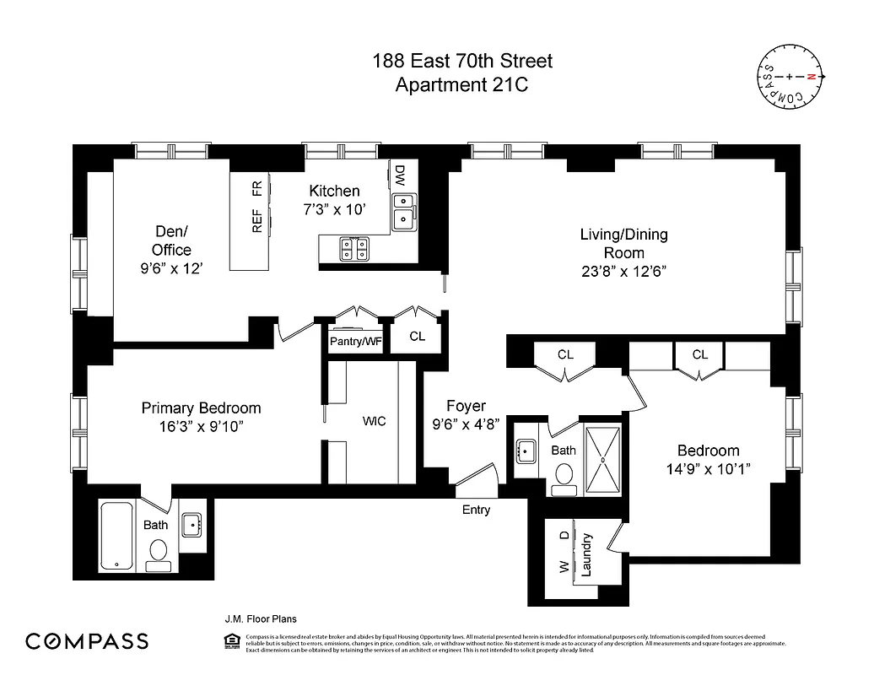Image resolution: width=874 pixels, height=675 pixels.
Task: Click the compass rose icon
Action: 790,77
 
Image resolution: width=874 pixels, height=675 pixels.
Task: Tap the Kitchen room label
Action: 334,192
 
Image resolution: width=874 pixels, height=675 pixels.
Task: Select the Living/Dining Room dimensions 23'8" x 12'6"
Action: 623,271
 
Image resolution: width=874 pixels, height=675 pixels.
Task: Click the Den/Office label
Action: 171,240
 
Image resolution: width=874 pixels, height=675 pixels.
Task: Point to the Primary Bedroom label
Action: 201,408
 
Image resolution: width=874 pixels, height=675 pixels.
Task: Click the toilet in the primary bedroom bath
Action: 157,553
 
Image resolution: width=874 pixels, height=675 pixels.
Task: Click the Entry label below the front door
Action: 476,510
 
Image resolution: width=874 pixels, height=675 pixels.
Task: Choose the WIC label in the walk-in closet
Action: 374,421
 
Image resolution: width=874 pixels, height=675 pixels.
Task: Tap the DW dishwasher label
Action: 400,175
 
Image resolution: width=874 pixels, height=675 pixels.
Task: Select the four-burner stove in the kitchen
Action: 353,248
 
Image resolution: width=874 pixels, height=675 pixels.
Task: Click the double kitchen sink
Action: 404,211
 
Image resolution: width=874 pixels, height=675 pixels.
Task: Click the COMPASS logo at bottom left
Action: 87,641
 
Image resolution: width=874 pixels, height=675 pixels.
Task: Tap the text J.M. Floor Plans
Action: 260,618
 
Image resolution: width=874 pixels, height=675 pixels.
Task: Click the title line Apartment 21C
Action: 462,84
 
